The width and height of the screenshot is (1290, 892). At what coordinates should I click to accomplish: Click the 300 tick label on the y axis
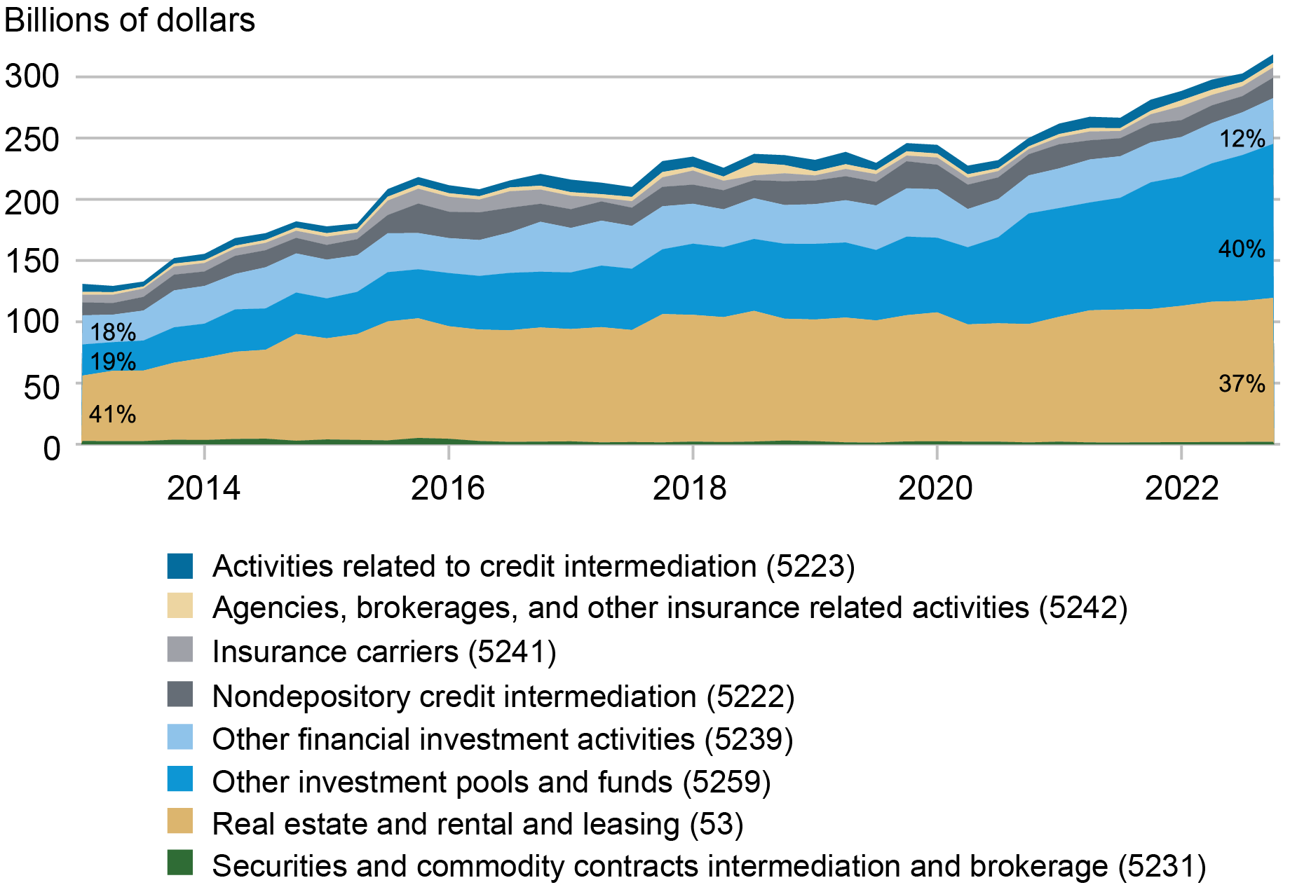pos(32,76)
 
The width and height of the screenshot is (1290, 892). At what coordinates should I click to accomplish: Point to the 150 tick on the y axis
pos(32,261)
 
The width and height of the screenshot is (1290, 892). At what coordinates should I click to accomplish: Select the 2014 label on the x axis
pos(203,488)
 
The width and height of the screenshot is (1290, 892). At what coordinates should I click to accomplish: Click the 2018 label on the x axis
pos(690,488)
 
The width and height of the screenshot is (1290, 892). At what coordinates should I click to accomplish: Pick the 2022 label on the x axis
pos(1182,488)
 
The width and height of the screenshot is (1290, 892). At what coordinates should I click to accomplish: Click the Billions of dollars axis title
pos(130,20)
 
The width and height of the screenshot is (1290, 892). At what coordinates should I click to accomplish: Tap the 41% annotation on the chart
pos(112,414)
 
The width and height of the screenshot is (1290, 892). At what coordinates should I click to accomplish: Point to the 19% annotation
pos(112,362)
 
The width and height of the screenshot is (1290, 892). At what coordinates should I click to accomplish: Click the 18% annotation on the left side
pos(112,331)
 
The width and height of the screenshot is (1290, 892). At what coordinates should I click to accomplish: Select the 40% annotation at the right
pos(1242,249)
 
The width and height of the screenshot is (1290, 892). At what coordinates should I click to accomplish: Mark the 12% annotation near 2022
pos(1242,139)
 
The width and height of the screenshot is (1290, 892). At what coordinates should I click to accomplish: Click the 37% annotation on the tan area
pos(1242,383)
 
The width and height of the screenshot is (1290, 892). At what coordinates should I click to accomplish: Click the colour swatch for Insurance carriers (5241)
pos(180,650)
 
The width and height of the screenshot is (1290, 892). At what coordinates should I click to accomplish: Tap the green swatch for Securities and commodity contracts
pos(180,863)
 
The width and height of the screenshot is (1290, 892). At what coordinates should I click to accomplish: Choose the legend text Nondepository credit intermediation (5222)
pos(503,697)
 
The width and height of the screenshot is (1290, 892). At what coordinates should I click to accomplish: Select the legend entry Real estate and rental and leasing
pos(477,824)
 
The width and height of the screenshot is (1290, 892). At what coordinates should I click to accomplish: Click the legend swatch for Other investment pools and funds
pos(180,779)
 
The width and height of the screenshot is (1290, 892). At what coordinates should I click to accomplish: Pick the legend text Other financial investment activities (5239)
pos(503,739)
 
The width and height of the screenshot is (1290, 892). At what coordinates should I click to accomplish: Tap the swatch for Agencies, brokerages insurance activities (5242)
pos(180,606)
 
